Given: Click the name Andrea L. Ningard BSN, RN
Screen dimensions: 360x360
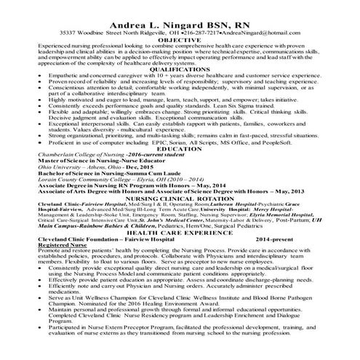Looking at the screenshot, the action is coord(180,21).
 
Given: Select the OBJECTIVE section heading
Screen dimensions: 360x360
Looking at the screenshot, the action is coord(180,41).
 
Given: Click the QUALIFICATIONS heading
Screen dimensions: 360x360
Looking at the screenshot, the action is coord(180,71).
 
